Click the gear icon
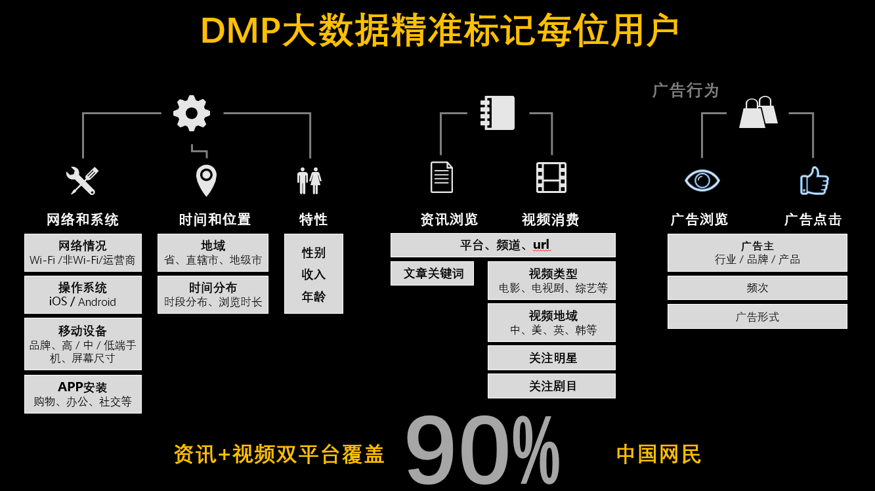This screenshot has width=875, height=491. [x=192, y=114]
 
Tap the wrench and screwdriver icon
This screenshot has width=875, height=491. [x=82, y=181]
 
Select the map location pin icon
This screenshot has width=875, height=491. [x=206, y=181]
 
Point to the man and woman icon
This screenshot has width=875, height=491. [x=309, y=181]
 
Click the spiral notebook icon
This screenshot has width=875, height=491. [x=498, y=113]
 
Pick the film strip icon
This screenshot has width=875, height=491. [x=551, y=178]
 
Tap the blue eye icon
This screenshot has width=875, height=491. [x=702, y=181]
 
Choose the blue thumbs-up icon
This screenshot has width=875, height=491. [x=815, y=181]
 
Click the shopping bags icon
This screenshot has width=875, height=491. [x=758, y=112]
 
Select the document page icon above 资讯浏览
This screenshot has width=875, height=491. [x=442, y=177]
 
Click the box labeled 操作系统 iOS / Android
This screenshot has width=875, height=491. [x=83, y=295]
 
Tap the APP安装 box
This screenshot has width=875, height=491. [x=83, y=394]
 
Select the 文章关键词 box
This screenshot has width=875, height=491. [x=432, y=274]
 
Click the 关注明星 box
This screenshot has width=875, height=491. [x=551, y=358]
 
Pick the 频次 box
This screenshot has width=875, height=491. [x=758, y=288]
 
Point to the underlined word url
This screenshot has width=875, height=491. [x=542, y=245]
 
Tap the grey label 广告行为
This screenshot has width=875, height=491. [x=685, y=91]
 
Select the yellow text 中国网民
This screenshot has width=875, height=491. [x=658, y=454]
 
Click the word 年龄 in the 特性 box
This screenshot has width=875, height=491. [x=313, y=297]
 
